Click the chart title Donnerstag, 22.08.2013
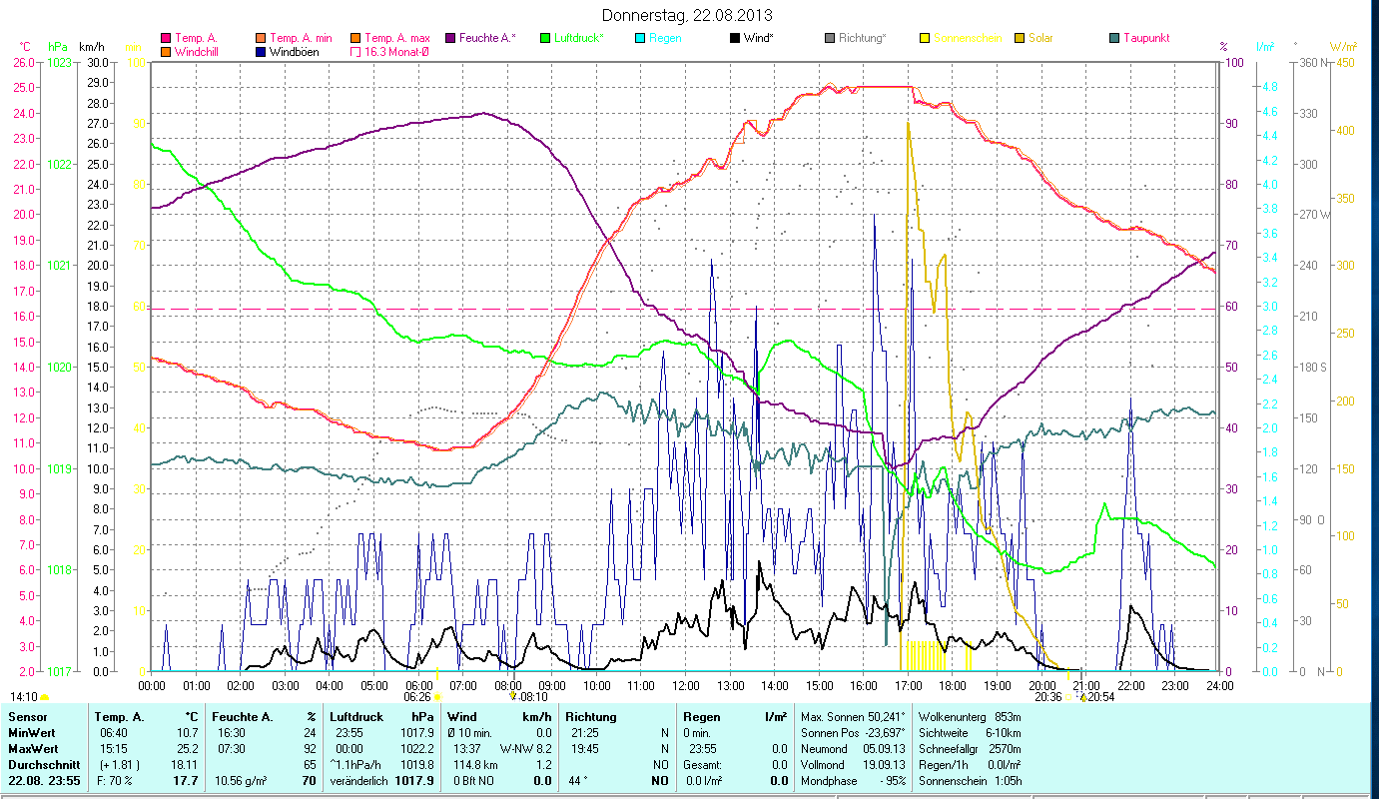[x=689, y=15]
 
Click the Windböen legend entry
[x=294, y=51]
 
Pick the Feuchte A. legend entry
[x=487, y=38]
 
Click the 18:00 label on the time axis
[x=953, y=685]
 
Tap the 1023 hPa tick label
[x=60, y=62]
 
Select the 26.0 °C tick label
[x=24, y=62]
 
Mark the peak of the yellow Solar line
[x=908, y=122]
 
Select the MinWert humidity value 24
[x=309, y=732]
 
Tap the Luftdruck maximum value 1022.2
[x=418, y=747]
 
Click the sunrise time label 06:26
[x=417, y=696]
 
